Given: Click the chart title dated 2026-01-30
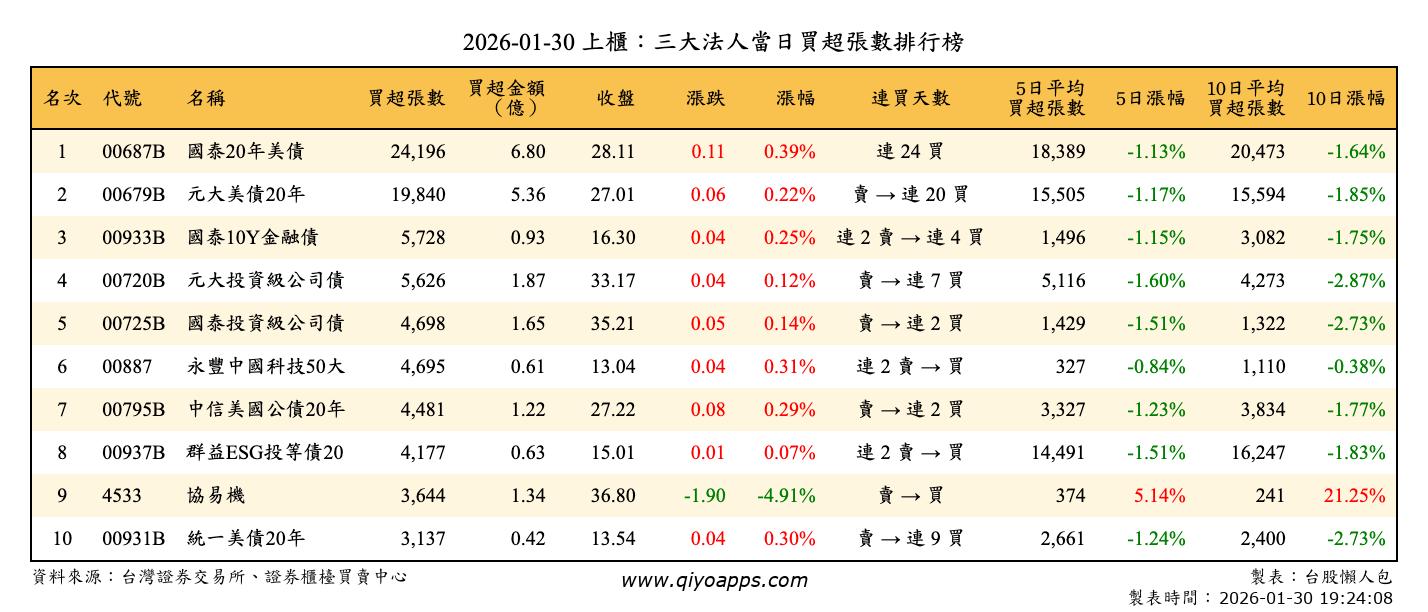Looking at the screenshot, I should pyautogui.click(x=713, y=41).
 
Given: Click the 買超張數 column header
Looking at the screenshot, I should pyautogui.click(x=406, y=98).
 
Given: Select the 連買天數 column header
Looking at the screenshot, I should pyautogui.click(x=910, y=98).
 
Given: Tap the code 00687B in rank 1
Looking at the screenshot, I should pyautogui.click(x=133, y=152).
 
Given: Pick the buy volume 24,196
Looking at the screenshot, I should pyautogui.click(x=414, y=152).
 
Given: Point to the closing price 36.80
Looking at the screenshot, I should pyautogui.click(x=612, y=496).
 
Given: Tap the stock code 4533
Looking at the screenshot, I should pyautogui.click(x=122, y=496).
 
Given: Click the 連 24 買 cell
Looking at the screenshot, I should pyautogui.click(x=910, y=152).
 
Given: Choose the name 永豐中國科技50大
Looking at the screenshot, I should pyautogui.click(x=266, y=367).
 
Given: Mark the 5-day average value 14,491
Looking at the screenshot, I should pyautogui.click(x=1056, y=453).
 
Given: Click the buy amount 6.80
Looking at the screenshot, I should pyautogui.click(x=528, y=152).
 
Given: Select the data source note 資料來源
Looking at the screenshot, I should pyautogui.click(x=220, y=577).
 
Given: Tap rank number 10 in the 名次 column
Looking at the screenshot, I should pyautogui.click(x=62, y=539).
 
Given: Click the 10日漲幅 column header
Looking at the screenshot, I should pyautogui.click(x=1345, y=98).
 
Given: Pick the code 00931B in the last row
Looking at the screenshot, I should pyautogui.click(x=133, y=539).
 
